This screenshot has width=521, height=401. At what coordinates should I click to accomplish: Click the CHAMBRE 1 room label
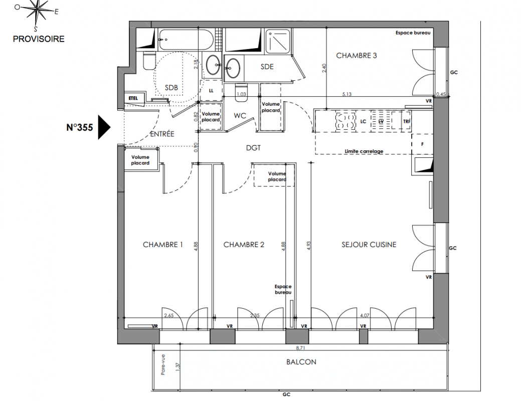pos(163,245)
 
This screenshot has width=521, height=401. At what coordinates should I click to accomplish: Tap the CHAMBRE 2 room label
pos(244,245)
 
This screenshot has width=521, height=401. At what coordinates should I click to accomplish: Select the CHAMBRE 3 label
pos(357,56)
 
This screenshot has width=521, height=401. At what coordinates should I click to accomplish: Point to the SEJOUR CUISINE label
pos(369,245)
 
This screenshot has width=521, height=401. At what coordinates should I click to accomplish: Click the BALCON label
pos(301,362)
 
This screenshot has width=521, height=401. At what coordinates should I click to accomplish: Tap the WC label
pos(240,116)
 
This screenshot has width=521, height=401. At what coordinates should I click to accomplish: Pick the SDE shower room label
pos(267,67)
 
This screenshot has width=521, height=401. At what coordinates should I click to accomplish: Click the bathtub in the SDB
pos(186,40)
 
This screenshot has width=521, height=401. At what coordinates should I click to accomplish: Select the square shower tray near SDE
pos(278,42)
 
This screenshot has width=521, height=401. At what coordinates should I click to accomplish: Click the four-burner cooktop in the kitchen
pos(346,121)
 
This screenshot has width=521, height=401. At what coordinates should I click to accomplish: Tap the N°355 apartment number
pos(80,128)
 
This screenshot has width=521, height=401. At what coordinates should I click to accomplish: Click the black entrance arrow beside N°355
pos(104,127)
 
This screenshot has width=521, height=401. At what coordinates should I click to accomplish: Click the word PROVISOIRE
pos(39,39)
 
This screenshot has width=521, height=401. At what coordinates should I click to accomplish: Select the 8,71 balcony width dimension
pos(301,348)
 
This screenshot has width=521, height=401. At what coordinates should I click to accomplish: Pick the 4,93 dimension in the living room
pos(308,246)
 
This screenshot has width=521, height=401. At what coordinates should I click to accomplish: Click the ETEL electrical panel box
pos(133,99)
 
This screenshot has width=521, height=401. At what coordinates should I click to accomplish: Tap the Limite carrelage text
pos(364,151)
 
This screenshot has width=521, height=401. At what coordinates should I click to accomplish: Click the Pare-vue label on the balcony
pos(163,365)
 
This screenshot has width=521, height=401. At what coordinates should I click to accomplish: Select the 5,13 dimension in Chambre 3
pos(347,94)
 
